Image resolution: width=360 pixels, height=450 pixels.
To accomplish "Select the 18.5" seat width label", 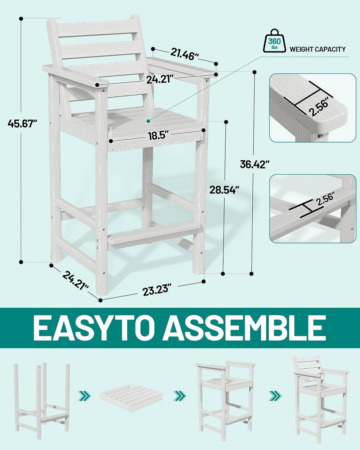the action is [158, 135].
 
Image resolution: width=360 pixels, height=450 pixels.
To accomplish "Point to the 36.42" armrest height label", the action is [255, 164].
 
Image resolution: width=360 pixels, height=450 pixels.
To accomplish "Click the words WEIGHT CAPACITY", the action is [318, 49].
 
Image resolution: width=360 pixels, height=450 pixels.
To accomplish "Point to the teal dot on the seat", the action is [148, 121].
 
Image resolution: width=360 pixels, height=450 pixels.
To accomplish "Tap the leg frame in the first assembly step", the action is [42, 394].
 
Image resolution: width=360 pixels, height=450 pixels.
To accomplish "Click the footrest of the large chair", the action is [154, 235].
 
